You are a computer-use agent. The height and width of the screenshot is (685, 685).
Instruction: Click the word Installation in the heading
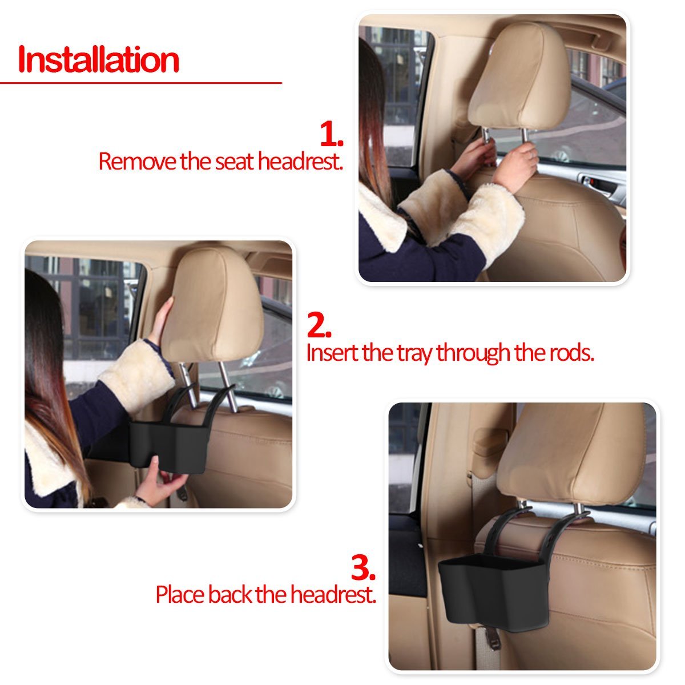tap(98, 59)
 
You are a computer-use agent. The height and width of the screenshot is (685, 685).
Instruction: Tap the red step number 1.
tap(331, 134)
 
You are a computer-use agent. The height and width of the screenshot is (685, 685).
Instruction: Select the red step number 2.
tap(319, 325)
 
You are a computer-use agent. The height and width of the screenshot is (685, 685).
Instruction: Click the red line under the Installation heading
tap(141, 83)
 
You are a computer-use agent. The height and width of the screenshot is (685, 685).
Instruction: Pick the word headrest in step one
tap(300, 162)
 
